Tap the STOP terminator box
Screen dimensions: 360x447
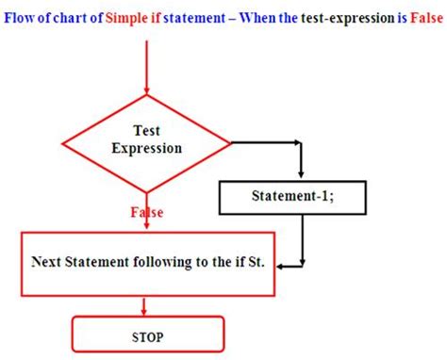[148, 333]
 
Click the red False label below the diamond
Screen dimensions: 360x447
[146, 212]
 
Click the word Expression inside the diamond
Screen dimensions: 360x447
[147, 148]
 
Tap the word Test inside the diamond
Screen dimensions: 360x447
[147, 131]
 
